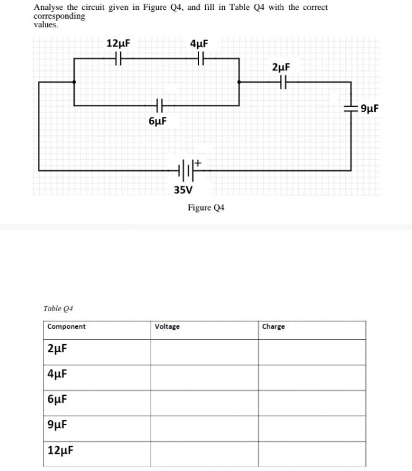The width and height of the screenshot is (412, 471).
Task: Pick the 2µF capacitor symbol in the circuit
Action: click(x=282, y=81)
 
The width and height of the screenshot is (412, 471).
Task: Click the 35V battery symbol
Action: click(x=187, y=168)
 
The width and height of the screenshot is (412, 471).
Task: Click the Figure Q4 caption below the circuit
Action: click(x=205, y=208)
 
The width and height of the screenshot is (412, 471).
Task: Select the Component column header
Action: click(x=67, y=327)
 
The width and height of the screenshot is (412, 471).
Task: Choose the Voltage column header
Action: click(x=167, y=327)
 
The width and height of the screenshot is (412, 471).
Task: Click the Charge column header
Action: click(x=274, y=327)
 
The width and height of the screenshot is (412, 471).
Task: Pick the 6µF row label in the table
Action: click(x=57, y=400)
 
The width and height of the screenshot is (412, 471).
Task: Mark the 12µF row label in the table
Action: click(x=60, y=450)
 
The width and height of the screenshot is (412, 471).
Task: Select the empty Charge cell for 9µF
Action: click(x=312, y=429)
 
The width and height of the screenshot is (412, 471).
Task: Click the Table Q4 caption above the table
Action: click(x=59, y=308)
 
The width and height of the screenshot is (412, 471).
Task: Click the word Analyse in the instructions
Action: click(x=47, y=7)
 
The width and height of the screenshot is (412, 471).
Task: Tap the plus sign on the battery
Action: click(x=198, y=162)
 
